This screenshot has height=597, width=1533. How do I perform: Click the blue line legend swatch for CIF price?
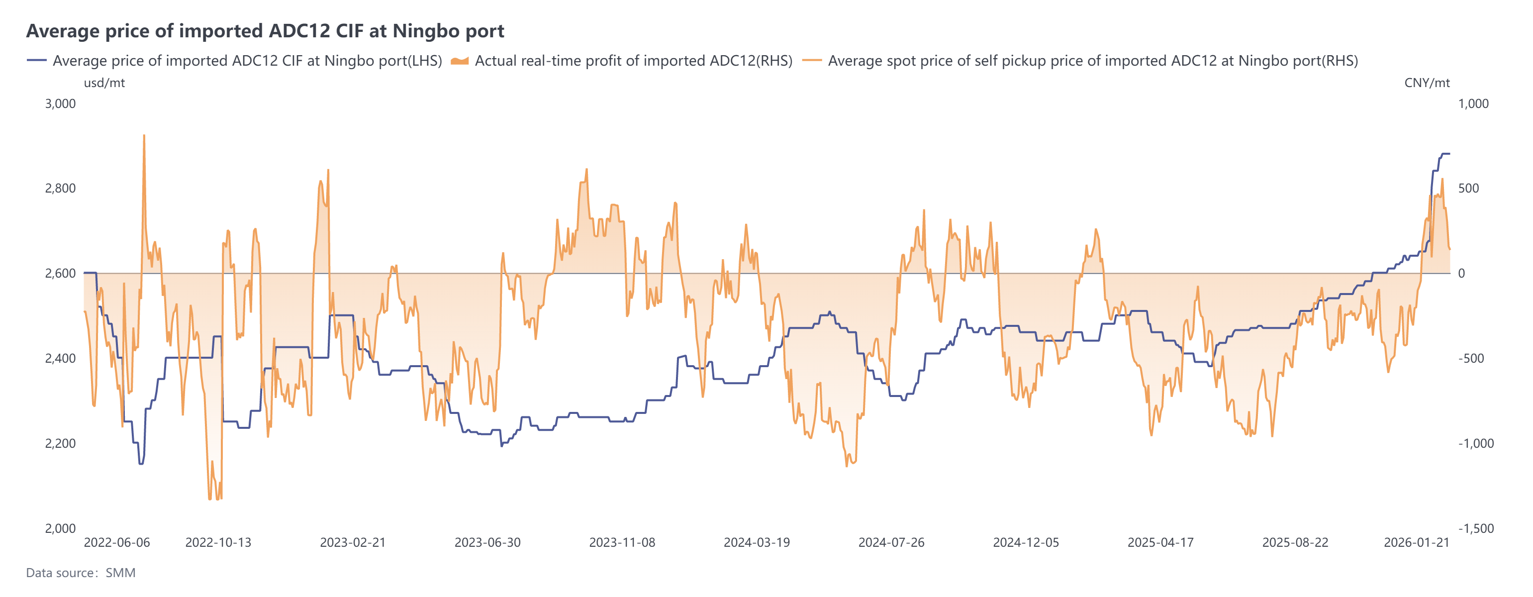[36, 61]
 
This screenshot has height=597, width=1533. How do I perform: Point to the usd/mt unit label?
[104, 83]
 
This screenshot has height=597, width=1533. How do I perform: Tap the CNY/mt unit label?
[1427, 83]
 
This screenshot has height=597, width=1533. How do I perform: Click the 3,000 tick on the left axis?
[60, 103]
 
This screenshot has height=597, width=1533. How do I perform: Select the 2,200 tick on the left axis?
[60, 443]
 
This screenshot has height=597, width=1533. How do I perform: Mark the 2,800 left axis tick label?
[60, 189]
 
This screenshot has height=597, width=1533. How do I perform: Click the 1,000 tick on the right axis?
[1473, 103]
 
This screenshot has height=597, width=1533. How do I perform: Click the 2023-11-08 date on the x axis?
[622, 543]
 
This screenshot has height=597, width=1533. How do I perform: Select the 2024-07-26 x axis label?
[891, 543]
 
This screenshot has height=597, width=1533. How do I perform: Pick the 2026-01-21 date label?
[1417, 543]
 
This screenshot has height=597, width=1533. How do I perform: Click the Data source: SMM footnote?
[81, 573]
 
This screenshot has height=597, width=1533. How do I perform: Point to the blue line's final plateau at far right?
[1445, 154]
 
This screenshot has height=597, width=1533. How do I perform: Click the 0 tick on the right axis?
[1461, 274]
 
